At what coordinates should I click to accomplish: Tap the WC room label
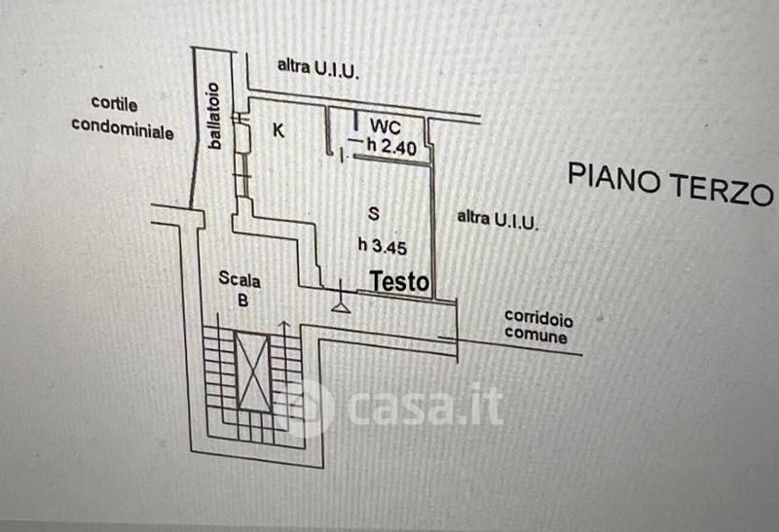tap(381, 126)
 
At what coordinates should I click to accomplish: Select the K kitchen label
tap(278, 130)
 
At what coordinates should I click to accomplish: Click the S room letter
tap(373, 213)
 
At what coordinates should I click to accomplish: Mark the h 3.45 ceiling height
tap(382, 245)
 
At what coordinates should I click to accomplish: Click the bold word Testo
tap(399, 282)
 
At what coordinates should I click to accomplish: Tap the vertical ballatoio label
tap(215, 118)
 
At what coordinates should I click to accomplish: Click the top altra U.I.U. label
tap(318, 67)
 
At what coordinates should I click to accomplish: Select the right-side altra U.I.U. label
tap(498, 219)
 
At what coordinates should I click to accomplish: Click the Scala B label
tap(240, 289)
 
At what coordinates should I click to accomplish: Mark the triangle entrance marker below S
tap(341, 305)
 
